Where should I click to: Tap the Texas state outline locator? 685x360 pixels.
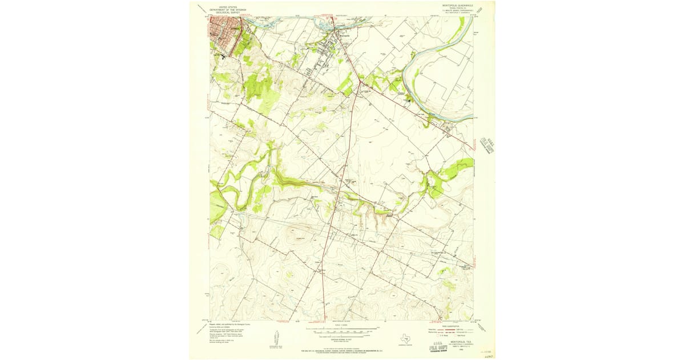pos(406,338)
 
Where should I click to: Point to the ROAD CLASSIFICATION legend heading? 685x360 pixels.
pos(451,325)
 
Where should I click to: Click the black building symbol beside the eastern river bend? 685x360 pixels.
pos(408,101)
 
